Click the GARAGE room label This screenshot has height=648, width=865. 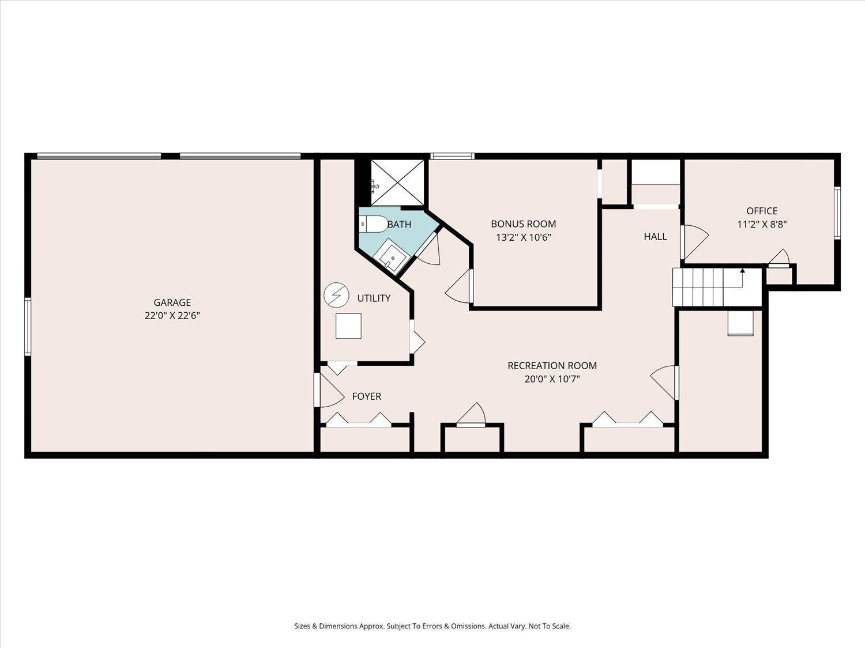[172, 302]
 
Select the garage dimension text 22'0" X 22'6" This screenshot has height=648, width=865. [172, 316]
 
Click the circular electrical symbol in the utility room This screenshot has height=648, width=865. [337, 295]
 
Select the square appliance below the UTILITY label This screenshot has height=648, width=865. [348, 326]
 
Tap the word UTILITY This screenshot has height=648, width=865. [374, 298]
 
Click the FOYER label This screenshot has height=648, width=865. [367, 396]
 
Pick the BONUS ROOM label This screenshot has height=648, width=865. [524, 224]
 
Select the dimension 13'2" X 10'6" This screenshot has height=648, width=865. [524, 237]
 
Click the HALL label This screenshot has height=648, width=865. [655, 237]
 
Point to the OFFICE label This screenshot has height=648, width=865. [762, 211]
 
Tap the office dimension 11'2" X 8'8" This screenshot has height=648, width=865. [762, 224]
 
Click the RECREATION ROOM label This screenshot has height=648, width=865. [552, 366]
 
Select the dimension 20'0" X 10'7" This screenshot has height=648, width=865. [552, 379]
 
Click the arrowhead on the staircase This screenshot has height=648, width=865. [742, 271]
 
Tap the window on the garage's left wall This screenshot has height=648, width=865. [28, 327]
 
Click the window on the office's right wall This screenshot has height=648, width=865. [837, 213]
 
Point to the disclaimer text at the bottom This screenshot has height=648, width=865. [432, 626]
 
